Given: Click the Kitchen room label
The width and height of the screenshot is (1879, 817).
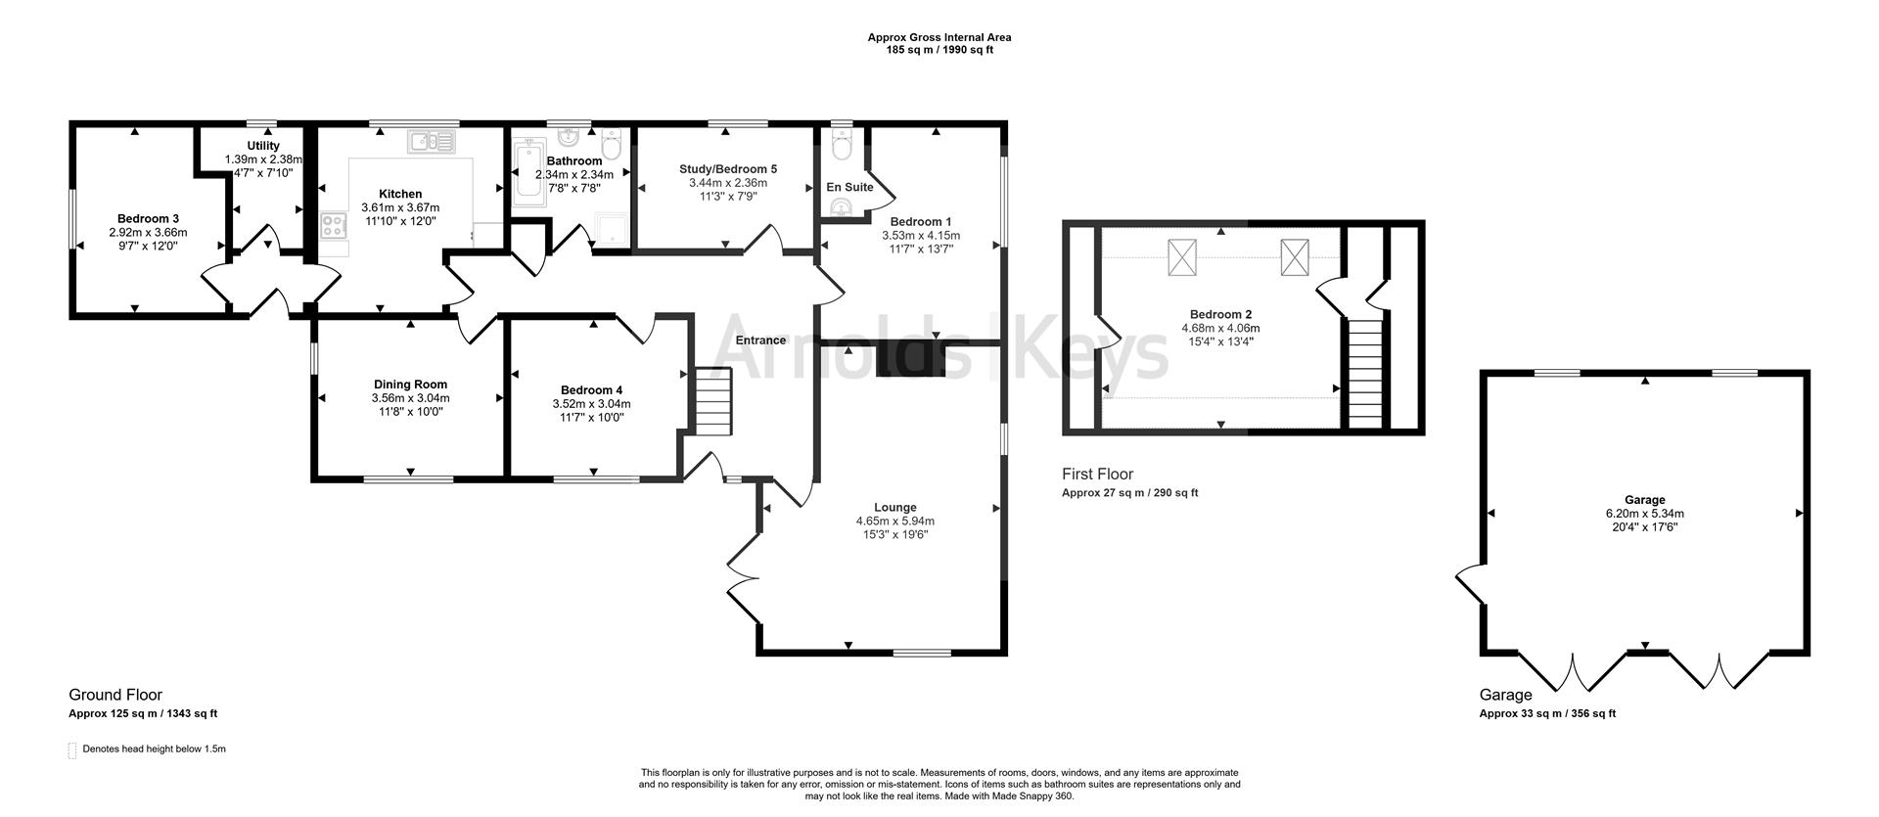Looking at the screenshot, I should [x=400, y=195].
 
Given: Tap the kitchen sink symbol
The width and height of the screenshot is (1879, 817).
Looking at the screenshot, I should [x=432, y=143].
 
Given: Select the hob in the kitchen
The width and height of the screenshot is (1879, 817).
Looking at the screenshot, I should [x=333, y=226].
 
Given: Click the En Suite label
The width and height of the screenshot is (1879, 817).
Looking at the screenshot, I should [x=849, y=187].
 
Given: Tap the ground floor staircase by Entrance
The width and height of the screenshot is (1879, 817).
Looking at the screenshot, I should [x=712, y=401].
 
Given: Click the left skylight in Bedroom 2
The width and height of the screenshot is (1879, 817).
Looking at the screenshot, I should [x=1182, y=257].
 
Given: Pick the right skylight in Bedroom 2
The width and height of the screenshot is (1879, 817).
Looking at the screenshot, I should [x=1295, y=257].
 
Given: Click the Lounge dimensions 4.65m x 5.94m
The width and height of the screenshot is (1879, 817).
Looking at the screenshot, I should [x=894, y=522].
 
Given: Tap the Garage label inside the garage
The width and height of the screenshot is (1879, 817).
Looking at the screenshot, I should [x=1644, y=500].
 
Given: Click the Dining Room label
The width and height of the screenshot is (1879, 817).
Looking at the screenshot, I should [x=410, y=385].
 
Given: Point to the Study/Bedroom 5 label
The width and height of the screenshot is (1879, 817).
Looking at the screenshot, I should [x=728, y=169].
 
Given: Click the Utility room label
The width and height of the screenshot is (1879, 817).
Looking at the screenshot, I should [x=263, y=146].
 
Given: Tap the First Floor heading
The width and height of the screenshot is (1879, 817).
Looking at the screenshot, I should [x=1097, y=475].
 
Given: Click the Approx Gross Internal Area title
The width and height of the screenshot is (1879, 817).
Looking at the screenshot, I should [x=939, y=37].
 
